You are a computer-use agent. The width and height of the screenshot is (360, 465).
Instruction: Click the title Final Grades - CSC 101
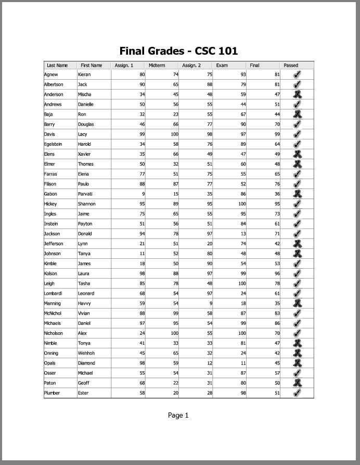point(178,51)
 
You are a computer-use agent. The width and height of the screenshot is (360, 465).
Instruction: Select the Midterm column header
point(157,66)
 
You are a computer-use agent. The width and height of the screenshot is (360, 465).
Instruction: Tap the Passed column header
point(291,66)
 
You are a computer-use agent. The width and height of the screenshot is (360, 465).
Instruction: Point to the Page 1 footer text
point(178,415)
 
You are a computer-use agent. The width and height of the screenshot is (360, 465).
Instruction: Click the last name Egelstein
point(53,144)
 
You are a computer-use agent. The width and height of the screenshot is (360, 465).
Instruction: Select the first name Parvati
point(85,194)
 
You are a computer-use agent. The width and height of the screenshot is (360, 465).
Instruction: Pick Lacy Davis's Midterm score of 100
point(174,134)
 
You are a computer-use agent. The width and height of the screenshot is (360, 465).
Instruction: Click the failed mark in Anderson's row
point(297,94)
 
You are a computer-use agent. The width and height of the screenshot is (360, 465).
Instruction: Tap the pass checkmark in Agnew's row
point(297,74)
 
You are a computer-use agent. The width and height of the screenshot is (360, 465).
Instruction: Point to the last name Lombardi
point(54,293)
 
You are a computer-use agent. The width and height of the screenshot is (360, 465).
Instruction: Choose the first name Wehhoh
point(86,353)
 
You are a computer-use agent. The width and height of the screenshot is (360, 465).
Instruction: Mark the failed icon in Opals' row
point(297,363)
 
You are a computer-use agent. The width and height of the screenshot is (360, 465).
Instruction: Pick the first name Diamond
point(86,363)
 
